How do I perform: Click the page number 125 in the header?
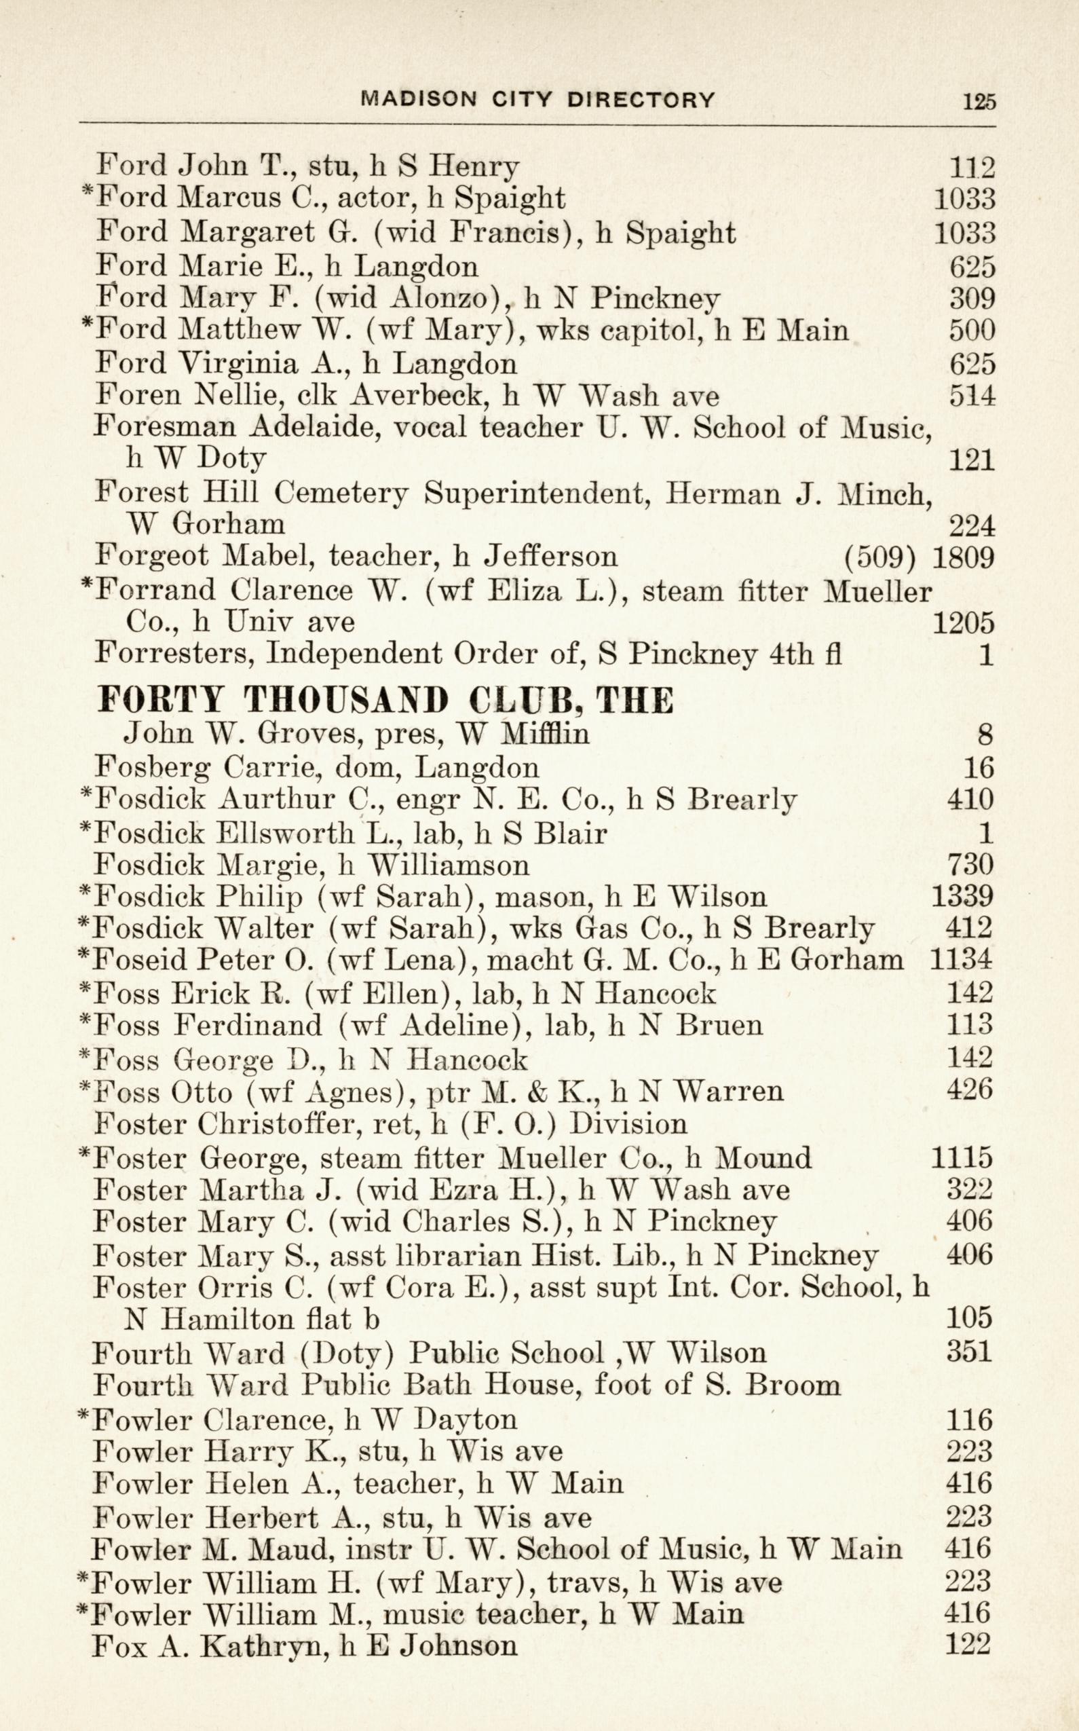(x=979, y=100)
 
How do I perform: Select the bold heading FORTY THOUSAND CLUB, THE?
(x=385, y=701)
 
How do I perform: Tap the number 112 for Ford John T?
(x=971, y=167)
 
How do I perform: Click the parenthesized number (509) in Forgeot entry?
(x=879, y=555)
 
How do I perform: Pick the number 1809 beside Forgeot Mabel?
(x=963, y=555)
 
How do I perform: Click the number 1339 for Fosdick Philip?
(x=962, y=896)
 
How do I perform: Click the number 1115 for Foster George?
(x=962, y=1157)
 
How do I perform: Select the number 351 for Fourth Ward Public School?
(x=968, y=1352)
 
